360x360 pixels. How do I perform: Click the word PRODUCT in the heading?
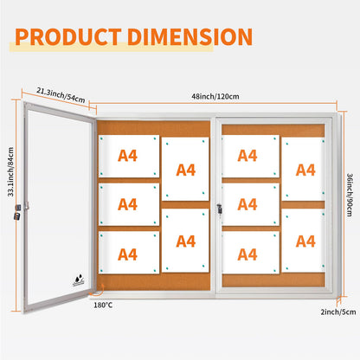(x=68, y=36)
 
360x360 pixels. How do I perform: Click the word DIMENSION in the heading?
(x=190, y=36)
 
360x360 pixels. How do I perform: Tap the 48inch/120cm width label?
(x=215, y=96)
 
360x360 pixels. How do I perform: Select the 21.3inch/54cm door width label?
(x=61, y=95)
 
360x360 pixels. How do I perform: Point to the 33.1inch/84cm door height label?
(x=10, y=172)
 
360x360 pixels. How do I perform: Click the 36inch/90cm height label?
(x=350, y=195)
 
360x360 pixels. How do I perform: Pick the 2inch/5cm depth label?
(x=338, y=312)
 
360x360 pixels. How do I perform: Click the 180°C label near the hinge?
(x=103, y=305)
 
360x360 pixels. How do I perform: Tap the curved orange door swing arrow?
(x=97, y=291)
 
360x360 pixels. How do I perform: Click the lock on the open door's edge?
(x=17, y=212)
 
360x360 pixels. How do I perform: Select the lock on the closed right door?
(x=220, y=209)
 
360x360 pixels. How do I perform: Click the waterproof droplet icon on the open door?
(x=79, y=280)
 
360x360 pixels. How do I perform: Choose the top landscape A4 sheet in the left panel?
(x=129, y=156)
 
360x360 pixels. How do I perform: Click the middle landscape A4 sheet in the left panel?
(x=129, y=204)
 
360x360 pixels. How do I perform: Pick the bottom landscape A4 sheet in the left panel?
(x=129, y=253)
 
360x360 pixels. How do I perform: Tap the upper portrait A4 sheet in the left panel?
(x=185, y=169)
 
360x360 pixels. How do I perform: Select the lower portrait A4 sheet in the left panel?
(x=185, y=241)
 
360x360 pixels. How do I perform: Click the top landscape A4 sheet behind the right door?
(x=250, y=156)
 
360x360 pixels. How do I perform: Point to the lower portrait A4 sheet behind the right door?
(x=303, y=241)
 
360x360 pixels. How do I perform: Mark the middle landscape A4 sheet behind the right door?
(x=250, y=204)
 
